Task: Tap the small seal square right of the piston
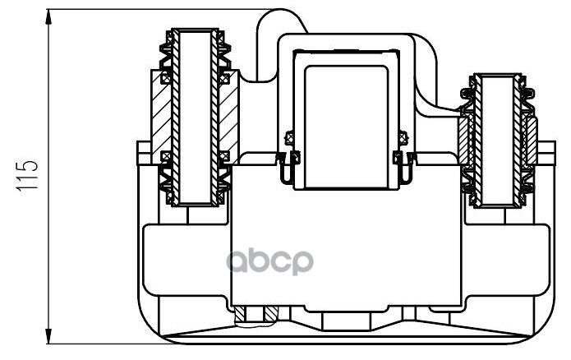point(401,138)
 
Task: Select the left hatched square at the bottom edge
point(241,315)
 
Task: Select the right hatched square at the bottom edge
point(270,315)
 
